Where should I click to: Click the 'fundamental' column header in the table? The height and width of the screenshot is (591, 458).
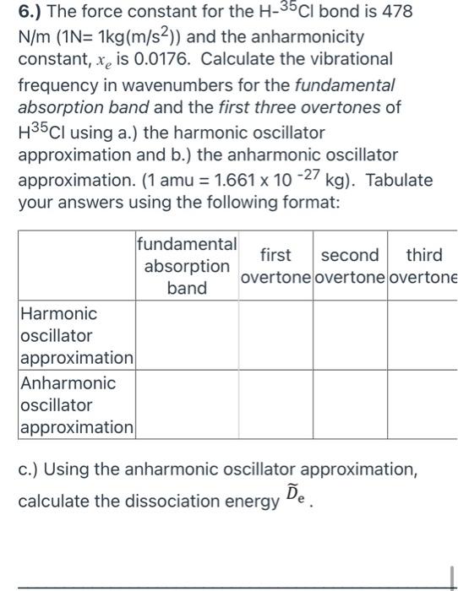click(186, 245)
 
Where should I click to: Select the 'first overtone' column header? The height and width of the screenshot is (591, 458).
click(275, 267)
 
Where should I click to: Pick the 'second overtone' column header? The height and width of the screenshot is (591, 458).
click(350, 267)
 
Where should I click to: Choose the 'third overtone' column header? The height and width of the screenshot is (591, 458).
click(423, 267)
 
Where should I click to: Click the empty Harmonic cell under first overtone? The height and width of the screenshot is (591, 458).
click(275, 335)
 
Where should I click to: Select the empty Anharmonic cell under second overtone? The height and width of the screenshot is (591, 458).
click(350, 404)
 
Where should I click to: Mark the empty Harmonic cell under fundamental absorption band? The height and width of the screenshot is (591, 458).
click(186, 335)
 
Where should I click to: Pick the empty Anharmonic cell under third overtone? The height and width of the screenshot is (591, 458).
click(423, 404)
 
